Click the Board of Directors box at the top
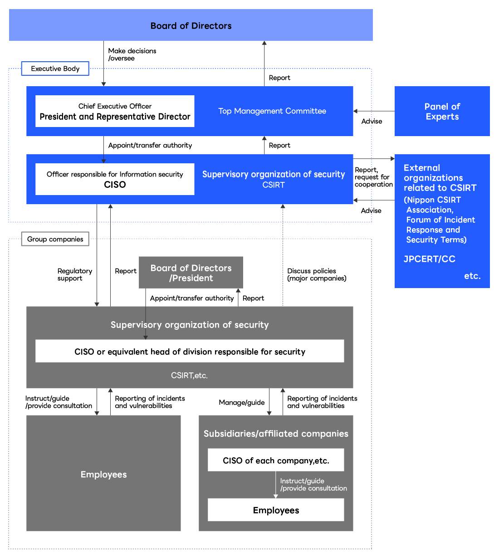coord(191,25)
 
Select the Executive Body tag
coord(55,69)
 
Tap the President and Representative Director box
coord(115,111)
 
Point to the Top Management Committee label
coord(272,111)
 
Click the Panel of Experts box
coord(442,111)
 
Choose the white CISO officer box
coord(115,179)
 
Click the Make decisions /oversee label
coord(132,54)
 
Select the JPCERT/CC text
coord(429,259)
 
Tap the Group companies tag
coord(55,239)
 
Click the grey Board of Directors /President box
coord(191,273)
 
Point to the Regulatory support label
coord(74,274)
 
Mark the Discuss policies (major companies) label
coord(317,274)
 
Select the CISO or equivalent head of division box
coord(190,352)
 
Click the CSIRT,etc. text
coord(190,375)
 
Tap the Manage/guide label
coord(241,402)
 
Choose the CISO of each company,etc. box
coord(276,460)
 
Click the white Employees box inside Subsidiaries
coord(276,510)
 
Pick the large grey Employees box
coord(103,474)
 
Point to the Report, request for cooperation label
coord(373,177)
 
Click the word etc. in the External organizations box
coord(472,276)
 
